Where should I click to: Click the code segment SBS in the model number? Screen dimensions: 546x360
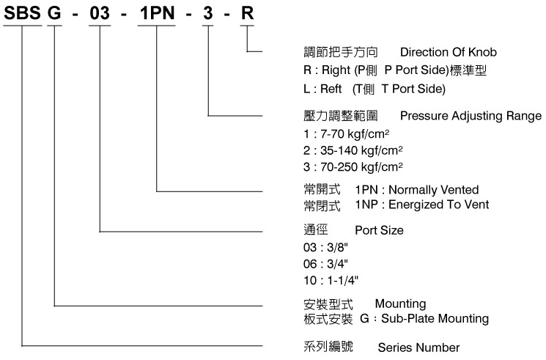(22, 13)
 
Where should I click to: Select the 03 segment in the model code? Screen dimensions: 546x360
(100, 13)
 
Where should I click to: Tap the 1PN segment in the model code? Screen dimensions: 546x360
(157, 13)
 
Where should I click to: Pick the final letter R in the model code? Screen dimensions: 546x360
(247, 13)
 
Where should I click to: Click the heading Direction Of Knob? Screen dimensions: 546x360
(448, 52)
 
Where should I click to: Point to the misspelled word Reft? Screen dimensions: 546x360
(331, 89)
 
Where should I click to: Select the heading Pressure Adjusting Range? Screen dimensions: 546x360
(471, 116)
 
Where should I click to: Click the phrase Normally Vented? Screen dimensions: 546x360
(434, 190)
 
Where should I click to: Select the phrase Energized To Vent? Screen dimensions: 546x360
(439, 205)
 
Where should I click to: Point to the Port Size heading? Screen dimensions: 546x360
(379, 230)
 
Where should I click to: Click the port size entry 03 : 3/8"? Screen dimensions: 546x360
(325, 247)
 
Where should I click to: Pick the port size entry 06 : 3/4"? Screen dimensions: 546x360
(325, 264)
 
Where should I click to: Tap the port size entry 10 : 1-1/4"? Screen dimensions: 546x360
(331, 281)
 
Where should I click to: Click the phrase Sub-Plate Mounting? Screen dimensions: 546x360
(435, 319)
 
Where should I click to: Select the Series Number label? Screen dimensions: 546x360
(418, 348)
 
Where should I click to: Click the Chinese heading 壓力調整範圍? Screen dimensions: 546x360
(341, 116)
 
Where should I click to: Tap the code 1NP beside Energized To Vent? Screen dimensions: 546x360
(366, 205)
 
